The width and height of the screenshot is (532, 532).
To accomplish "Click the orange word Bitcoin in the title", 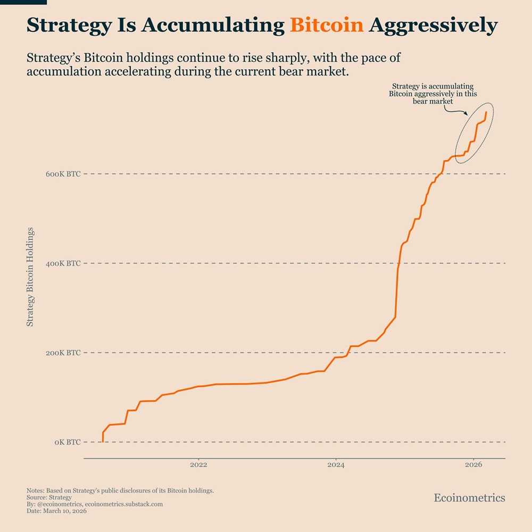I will pyautogui.click(x=327, y=25).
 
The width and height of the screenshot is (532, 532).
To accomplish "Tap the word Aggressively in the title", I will pyautogui.click(x=433, y=26).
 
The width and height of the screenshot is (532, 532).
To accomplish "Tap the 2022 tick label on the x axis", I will pyautogui.click(x=198, y=465).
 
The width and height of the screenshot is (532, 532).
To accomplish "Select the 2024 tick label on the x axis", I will pyautogui.click(x=336, y=465).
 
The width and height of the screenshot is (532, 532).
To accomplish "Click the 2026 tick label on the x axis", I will pyautogui.click(x=473, y=465).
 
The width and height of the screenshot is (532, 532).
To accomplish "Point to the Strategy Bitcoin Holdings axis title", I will pyautogui.click(x=30, y=277).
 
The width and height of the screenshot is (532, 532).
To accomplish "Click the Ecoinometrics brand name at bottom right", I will pyautogui.click(x=469, y=498).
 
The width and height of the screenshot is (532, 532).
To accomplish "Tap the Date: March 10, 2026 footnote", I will pyautogui.click(x=56, y=511).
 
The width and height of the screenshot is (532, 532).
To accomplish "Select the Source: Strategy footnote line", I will pyautogui.click(x=49, y=497).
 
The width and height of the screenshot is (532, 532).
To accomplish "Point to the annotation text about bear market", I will pyautogui.click(x=433, y=93).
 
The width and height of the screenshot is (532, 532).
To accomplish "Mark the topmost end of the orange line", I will pyautogui.click(x=486, y=112).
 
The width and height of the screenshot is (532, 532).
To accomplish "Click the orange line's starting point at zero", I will pyautogui.click(x=103, y=442).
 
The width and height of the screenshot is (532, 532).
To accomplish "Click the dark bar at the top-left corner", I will pyautogui.click(x=23, y=2).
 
